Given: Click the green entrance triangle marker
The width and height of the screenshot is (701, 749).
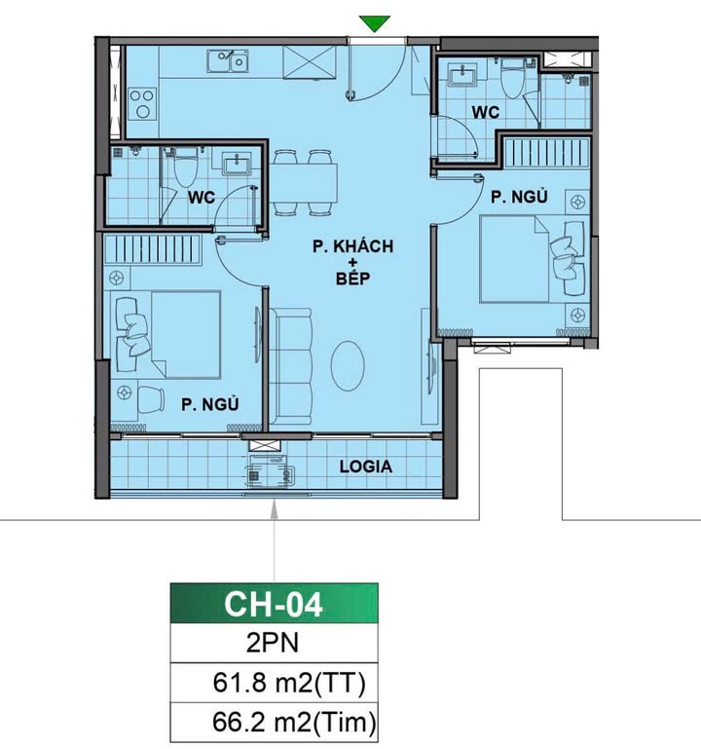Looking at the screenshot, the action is pos(375,23).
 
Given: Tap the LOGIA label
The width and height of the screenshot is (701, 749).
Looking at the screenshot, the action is pos(366,467).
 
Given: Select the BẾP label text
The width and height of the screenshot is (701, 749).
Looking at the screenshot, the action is pos(352,278).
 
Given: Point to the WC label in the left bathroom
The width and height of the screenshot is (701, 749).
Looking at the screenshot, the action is pos(202,198).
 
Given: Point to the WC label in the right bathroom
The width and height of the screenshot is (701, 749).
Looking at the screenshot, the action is pos(486,113).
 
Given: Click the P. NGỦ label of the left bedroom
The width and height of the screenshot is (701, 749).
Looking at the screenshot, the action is pos(210,404).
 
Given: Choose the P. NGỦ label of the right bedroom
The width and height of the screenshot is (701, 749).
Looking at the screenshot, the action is pos(519,197).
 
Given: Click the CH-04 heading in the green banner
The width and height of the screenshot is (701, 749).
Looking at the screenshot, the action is pos(274,604).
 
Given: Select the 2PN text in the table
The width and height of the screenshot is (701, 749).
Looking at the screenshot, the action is pos(273,643).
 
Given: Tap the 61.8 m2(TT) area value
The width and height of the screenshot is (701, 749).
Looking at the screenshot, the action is pos(289,683).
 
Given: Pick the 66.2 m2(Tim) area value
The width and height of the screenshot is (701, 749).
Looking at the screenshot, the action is pos(294,723).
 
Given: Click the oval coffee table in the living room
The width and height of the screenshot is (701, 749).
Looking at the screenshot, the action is pos(348,366).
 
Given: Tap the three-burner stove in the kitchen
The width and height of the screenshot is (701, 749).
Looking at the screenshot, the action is pos(142,103).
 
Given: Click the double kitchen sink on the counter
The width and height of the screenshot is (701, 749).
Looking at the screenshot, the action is pos(228,60).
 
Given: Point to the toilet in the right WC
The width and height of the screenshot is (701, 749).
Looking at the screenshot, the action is pos(513,78).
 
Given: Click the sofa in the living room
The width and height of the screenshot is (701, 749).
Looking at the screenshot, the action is pos(290,366).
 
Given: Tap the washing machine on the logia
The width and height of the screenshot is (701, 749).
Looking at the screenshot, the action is pos(270,470).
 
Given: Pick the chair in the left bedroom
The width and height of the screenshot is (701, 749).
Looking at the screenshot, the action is pos(150,399).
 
